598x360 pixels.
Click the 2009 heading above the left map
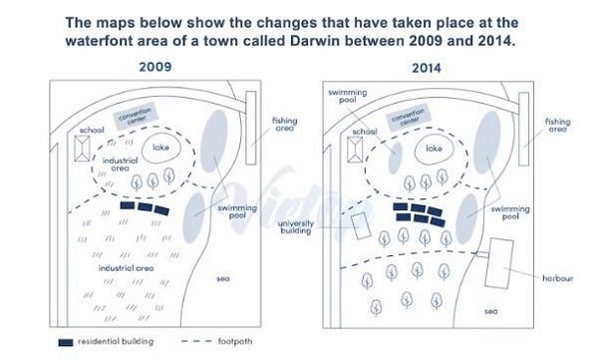coord(152,67)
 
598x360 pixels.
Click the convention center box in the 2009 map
coord(142,120)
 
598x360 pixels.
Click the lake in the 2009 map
coord(160,150)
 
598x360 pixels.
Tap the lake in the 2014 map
coord(434,150)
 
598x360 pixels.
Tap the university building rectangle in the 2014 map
coord(359,226)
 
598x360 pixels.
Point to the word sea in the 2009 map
coord(222,278)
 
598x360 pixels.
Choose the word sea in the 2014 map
coord(489,311)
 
